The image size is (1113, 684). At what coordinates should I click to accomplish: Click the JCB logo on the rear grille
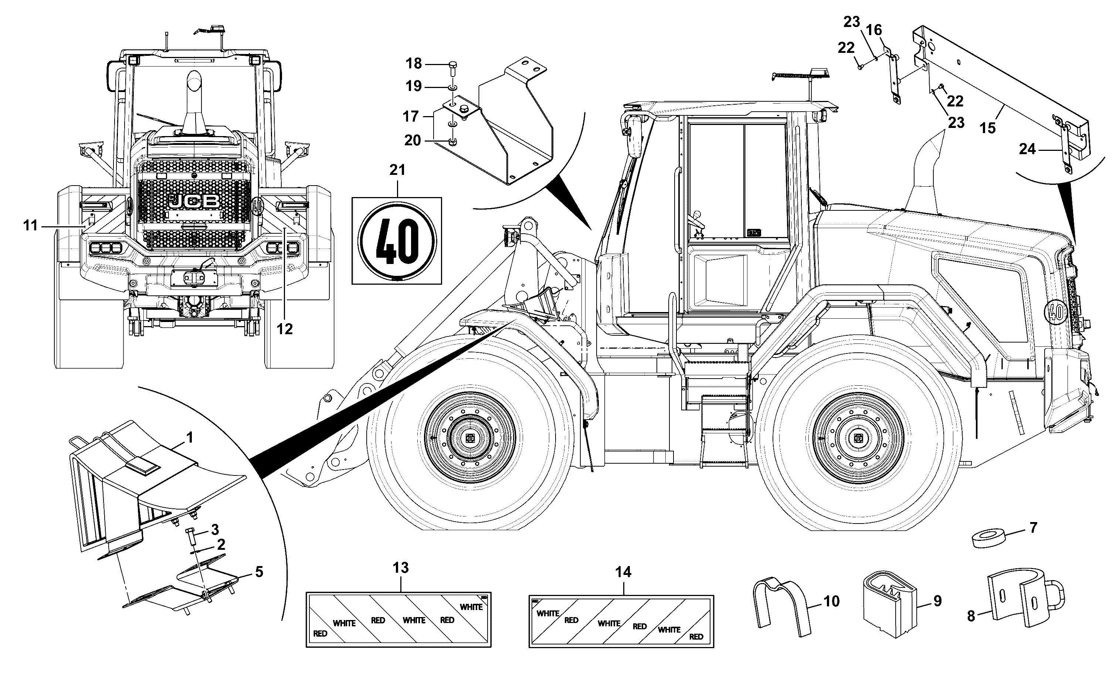[195, 201]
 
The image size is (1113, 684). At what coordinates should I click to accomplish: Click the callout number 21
[397, 170]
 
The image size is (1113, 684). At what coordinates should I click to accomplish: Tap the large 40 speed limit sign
[397, 241]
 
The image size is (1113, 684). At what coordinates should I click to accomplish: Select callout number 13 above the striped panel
[401, 568]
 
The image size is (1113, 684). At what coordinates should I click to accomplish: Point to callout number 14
[623, 572]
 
